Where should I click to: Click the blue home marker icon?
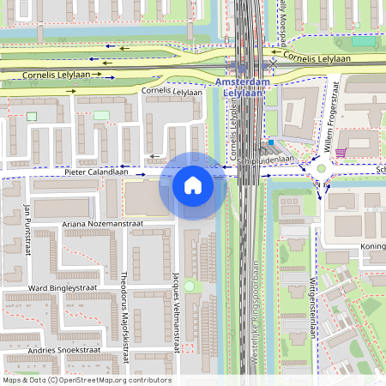coord(193,184)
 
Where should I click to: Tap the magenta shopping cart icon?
coord(341,153)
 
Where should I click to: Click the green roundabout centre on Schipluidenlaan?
coord(322,168)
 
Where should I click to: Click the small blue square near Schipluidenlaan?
coord(271,142)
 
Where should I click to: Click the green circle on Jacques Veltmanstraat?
coord(189,286)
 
